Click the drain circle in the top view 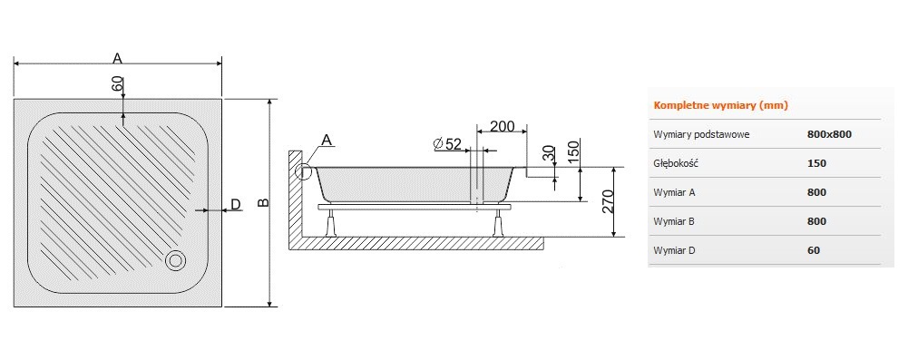coord(175,260)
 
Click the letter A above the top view coord(117,58)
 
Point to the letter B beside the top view coord(263,202)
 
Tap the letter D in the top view coord(235,204)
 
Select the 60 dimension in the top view coord(118,83)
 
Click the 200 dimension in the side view coord(502,126)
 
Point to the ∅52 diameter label coord(448,144)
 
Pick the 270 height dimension coord(607,201)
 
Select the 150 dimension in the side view coord(573,151)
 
